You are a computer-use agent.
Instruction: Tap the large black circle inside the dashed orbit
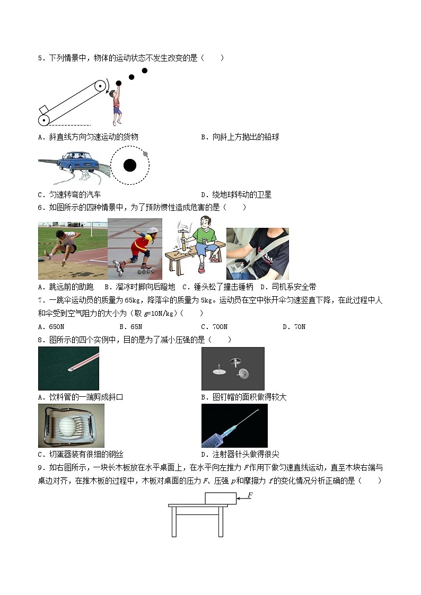coord(130,166)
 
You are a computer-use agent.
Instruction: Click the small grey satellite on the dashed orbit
coord(146,154)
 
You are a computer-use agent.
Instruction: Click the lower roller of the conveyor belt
coord(44,120)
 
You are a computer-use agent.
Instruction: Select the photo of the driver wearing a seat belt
coord(258,254)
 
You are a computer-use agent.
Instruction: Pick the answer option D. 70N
coord(294,327)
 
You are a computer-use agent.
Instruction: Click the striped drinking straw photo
coord(68,369)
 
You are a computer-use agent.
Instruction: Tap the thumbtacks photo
coord(233,369)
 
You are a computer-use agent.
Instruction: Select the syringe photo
coord(234,425)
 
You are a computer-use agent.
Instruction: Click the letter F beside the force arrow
coord(250,495)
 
